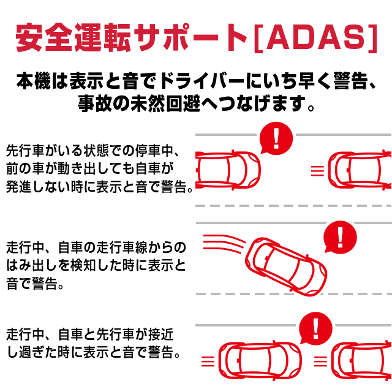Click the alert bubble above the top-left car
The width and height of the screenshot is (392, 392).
(x=276, y=138)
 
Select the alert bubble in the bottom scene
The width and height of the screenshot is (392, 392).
(x=315, y=330)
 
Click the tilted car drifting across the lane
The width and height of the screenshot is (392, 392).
(x=285, y=263)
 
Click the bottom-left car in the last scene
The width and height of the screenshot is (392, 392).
(x=257, y=360)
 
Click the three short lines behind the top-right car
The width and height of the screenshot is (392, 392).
(x=317, y=170)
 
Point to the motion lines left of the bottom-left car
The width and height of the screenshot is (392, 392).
(x=208, y=360)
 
